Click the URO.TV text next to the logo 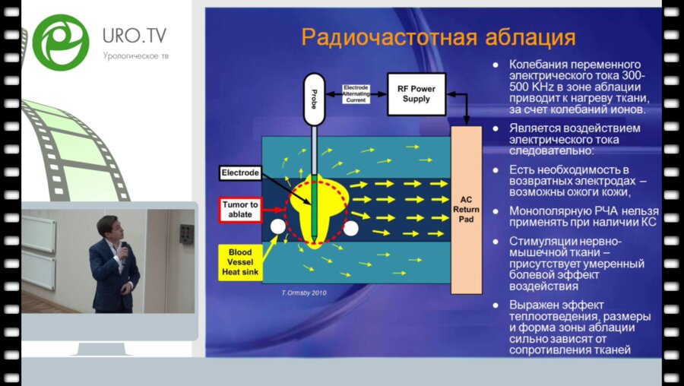click(135, 35)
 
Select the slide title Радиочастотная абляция click(438, 37)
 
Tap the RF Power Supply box click(416, 93)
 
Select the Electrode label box click(240, 173)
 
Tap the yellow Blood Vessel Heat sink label click(240, 262)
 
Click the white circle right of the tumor click(351, 227)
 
